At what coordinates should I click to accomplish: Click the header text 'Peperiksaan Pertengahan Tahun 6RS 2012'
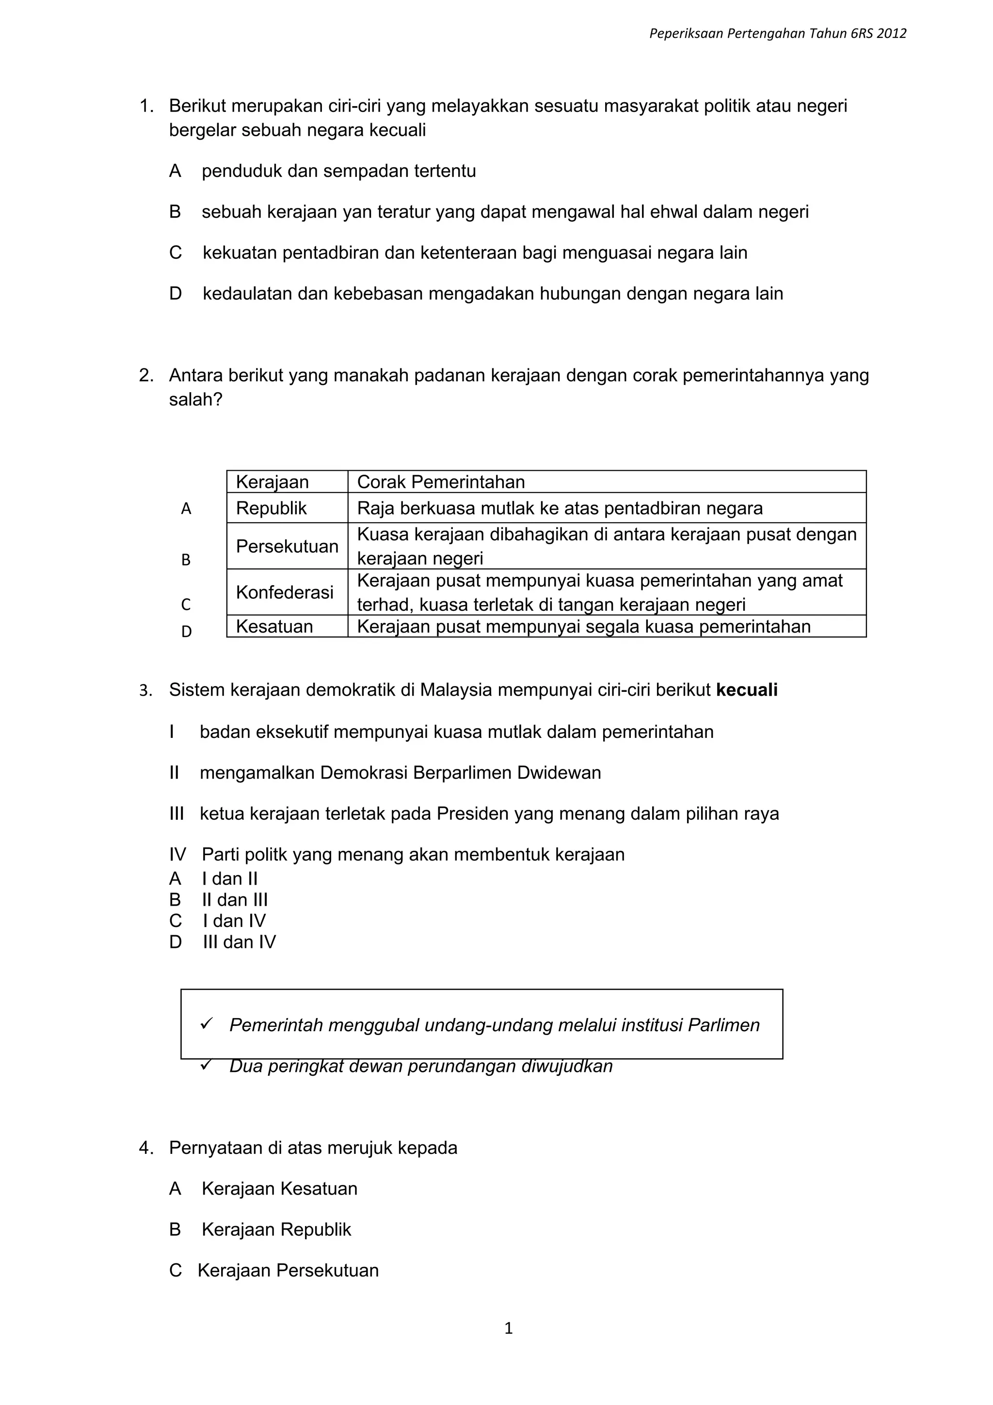777,33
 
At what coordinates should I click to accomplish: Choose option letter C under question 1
176,253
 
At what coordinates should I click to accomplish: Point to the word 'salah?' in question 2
196,399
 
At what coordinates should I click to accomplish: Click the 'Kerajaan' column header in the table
272,482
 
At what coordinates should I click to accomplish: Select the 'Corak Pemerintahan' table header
441,482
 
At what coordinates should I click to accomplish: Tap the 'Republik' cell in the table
271,509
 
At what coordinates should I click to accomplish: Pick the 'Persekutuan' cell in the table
287,546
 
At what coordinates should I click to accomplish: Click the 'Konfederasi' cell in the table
285,592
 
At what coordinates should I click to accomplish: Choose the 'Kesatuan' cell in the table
274,626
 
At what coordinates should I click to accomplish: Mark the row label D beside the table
187,632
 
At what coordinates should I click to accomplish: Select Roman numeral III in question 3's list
176,814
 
